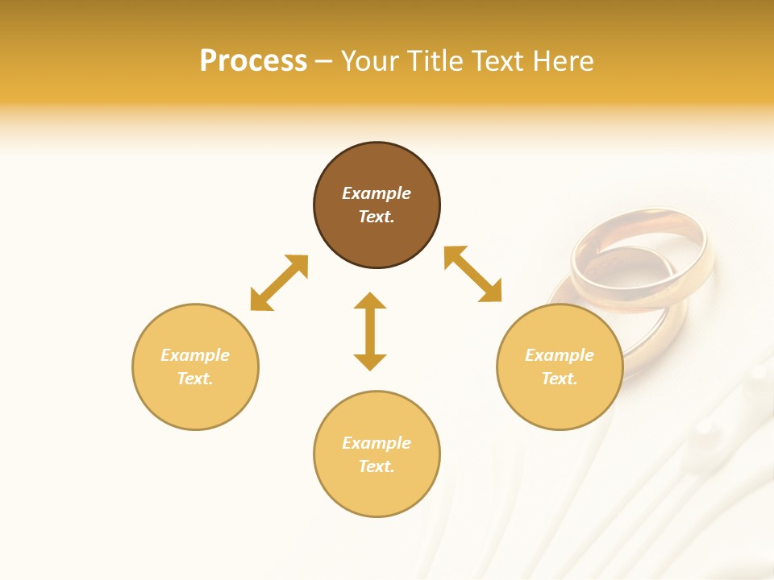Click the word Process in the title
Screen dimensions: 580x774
(x=253, y=61)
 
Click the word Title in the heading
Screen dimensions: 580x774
(x=431, y=61)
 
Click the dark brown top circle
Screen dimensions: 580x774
(x=377, y=165)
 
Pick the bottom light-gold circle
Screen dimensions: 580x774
(x=377, y=491)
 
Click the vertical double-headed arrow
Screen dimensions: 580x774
(x=370, y=331)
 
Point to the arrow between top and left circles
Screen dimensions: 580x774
(x=279, y=283)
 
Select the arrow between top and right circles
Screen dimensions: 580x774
(x=473, y=274)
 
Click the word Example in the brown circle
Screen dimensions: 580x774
(x=377, y=193)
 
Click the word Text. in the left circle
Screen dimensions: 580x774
(x=195, y=379)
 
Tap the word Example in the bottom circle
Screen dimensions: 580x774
(x=377, y=443)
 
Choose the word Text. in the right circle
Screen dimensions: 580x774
(x=560, y=379)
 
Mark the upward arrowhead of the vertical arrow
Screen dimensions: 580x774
(x=370, y=300)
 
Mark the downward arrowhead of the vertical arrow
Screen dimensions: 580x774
(x=370, y=362)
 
